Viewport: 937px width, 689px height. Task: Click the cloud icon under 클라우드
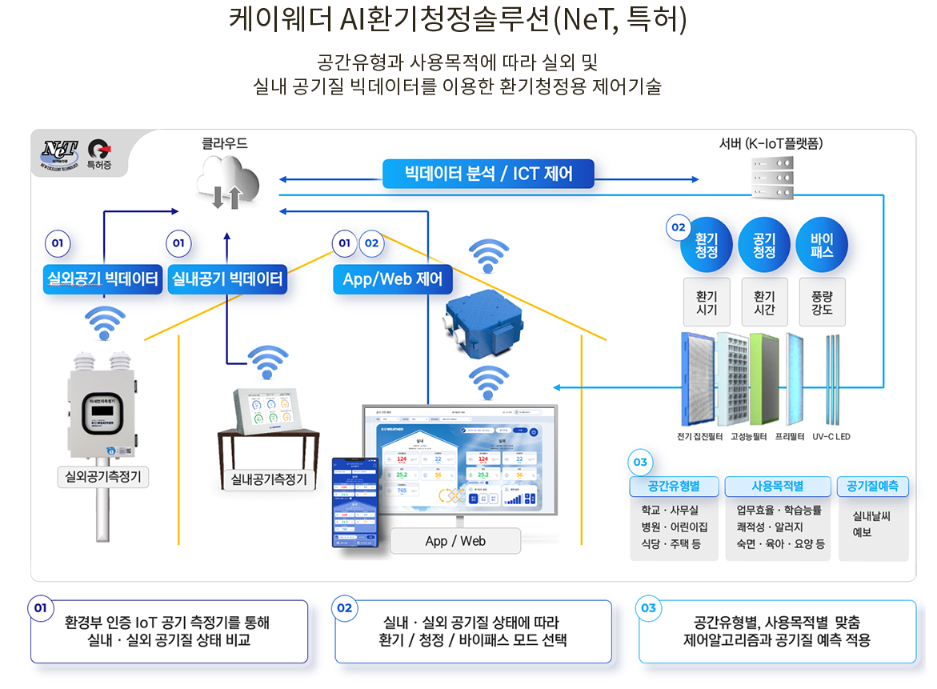pyautogui.click(x=228, y=182)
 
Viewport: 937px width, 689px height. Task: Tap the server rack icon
pyautogui.click(x=772, y=177)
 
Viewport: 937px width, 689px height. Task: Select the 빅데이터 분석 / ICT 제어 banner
pyautogui.click(x=488, y=174)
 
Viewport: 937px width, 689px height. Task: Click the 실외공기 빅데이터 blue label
pyautogui.click(x=102, y=279)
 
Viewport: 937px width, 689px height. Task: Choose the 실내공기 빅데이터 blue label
pyautogui.click(x=227, y=279)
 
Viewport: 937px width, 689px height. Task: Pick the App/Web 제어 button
pyautogui.click(x=392, y=279)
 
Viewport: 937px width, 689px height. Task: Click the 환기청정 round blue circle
pyautogui.click(x=707, y=245)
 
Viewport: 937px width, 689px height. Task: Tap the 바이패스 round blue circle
pyautogui.click(x=822, y=245)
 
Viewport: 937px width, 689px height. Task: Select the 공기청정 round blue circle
pyautogui.click(x=764, y=245)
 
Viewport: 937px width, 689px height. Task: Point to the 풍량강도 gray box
pyautogui.click(x=822, y=302)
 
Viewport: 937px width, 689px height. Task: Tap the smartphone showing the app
pyautogui.click(x=355, y=503)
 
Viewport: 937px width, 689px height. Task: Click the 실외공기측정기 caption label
pyautogui.click(x=103, y=478)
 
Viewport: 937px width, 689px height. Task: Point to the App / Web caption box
pyautogui.click(x=455, y=541)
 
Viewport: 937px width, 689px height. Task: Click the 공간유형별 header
pyautogui.click(x=675, y=486)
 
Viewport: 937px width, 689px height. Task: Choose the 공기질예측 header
pyautogui.click(x=872, y=486)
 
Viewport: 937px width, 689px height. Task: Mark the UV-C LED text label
pyautogui.click(x=831, y=437)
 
